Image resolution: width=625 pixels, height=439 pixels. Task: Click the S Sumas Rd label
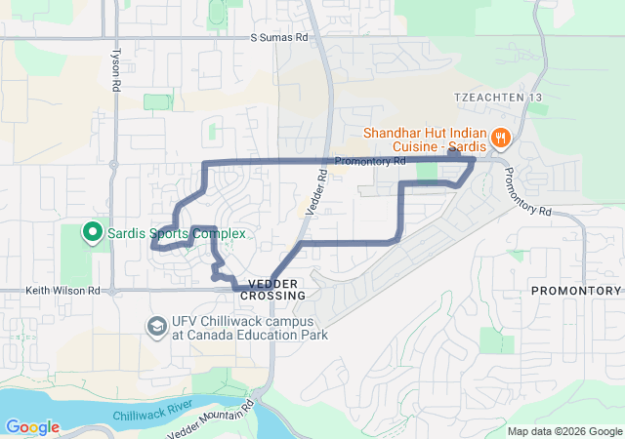[278, 37]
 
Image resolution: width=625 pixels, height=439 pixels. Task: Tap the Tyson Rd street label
[116, 71]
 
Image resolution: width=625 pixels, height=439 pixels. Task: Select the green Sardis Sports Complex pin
[92, 232]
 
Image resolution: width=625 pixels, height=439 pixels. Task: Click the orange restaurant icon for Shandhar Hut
[500, 138]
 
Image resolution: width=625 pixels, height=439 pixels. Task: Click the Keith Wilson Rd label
[63, 290]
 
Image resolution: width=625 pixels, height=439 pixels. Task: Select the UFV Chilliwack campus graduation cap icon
[155, 326]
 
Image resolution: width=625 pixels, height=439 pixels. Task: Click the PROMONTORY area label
[576, 291]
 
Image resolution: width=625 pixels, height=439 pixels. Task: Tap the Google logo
[32, 427]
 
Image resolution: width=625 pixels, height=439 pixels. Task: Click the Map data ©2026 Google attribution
[563, 431]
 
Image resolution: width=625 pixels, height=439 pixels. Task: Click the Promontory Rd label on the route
[369, 161]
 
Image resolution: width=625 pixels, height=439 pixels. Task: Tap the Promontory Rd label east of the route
[528, 191]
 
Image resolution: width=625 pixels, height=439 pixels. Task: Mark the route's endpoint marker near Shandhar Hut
[453, 152]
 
